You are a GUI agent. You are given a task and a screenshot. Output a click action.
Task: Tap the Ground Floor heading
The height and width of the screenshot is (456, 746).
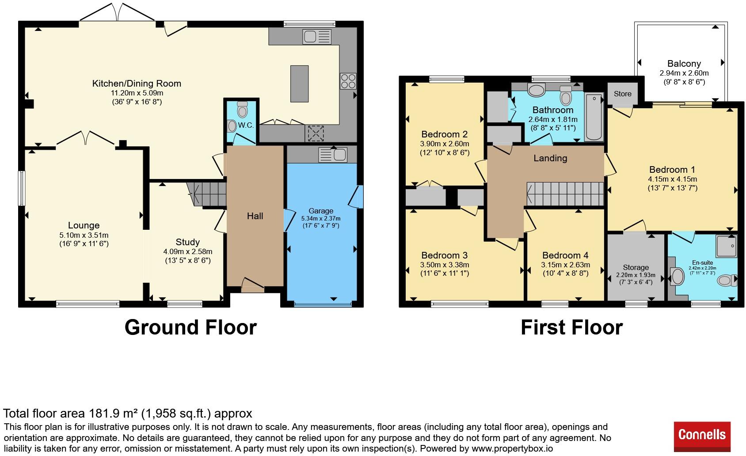(190, 327)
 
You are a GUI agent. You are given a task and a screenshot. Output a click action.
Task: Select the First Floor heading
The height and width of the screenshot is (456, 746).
(571, 327)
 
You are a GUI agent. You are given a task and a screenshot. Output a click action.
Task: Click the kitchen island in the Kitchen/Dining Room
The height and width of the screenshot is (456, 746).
(299, 84)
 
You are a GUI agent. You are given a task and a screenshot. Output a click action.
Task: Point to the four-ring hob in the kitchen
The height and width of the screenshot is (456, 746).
(348, 81)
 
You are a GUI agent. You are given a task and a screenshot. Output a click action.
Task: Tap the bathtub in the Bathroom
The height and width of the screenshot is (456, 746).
(594, 117)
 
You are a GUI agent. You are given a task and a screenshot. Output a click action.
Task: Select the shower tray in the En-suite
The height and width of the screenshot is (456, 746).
(727, 246)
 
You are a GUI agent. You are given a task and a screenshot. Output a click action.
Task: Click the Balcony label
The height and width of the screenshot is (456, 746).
(684, 64)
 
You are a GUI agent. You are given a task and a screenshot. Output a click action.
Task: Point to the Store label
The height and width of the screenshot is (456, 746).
(622, 94)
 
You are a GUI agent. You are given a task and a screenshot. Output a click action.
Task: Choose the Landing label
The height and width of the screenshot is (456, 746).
(550, 158)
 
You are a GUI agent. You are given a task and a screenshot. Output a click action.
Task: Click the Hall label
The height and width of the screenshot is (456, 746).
(255, 216)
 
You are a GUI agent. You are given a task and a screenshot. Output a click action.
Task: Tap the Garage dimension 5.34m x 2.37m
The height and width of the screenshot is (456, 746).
(321, 219)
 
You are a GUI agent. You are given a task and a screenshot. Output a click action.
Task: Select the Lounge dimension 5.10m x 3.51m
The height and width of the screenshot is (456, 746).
(84, 235)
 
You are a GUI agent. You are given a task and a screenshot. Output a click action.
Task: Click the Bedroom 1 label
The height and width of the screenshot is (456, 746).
(672, 170)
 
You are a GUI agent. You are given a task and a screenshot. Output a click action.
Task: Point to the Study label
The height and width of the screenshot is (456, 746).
(187, 242)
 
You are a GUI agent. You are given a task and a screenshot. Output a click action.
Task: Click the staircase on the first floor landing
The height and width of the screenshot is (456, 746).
(565, 194)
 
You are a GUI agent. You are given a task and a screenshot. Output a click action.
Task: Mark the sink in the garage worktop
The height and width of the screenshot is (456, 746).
(333, 155)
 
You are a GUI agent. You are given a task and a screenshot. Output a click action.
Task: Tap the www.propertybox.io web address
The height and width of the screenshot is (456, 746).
(512, 448)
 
